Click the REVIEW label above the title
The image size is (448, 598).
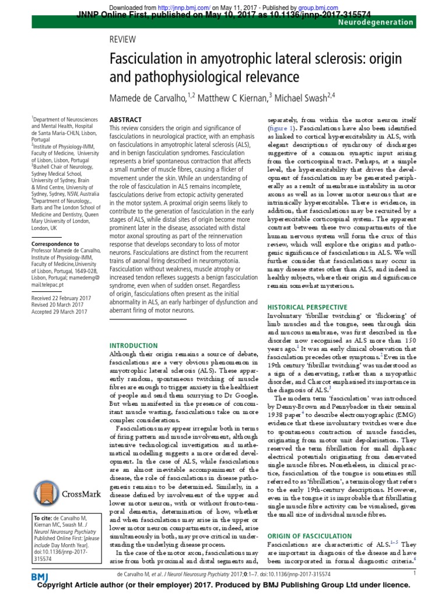tap(123, 39)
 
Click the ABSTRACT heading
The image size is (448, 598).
tap(125, 119)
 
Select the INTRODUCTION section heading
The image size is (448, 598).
tap(134, 346)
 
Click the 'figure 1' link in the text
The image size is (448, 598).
tap(282, 127)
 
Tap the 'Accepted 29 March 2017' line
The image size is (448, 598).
tap(60, 311)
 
